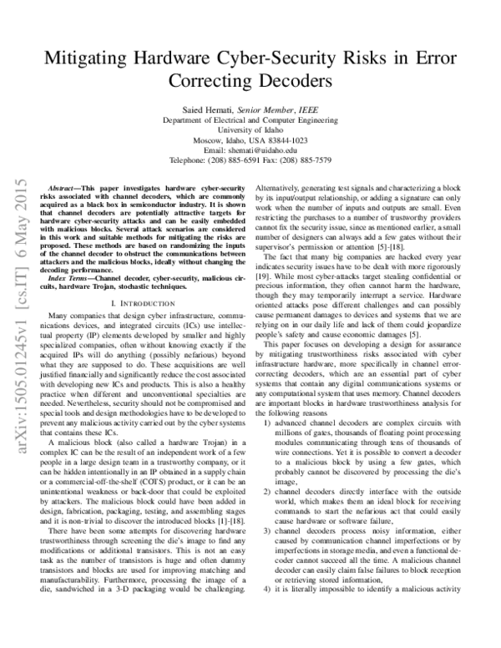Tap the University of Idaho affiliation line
click(250, 130)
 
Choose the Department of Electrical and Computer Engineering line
click(250, 120)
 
